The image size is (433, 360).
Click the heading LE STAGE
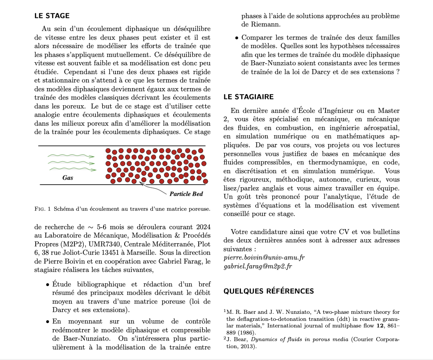coord(52,16)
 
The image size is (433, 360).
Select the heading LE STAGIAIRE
coord(248,97)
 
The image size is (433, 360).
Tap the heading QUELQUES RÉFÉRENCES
coord(269,291)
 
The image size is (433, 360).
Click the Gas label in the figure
coord(68,178)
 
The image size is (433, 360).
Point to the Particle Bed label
coord(186,194)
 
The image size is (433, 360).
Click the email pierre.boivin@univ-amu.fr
coord(264,257)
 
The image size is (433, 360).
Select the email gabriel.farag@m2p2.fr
coord(258,266)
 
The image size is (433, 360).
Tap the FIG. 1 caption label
coord(43,208)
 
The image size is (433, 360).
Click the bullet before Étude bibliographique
coord(47,285)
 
